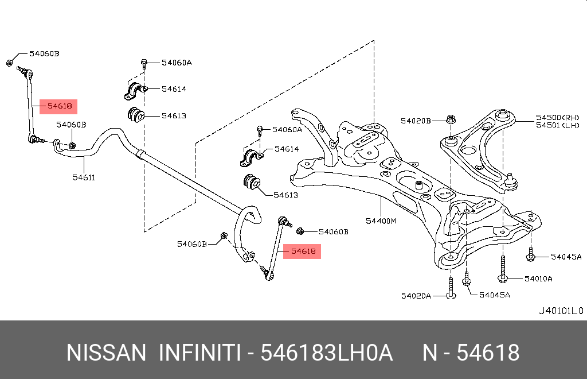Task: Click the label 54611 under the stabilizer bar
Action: coord(83,177)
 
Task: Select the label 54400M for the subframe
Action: coord(381,221)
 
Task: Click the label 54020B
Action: coord(416,121)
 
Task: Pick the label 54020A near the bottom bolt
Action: coord(416,296)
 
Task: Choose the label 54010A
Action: coord(538,279)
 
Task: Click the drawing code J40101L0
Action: coord(559,311)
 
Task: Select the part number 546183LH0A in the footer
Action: coord(327,353)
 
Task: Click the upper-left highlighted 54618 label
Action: coord(59,106)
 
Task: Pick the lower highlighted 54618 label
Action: coord(303,251)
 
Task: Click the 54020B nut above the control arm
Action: coord(450,120)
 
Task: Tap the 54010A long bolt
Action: coord(503,270)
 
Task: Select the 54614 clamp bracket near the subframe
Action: coord(250,157)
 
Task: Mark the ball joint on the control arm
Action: coord(512,183)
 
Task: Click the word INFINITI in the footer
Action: coord(199,353)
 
